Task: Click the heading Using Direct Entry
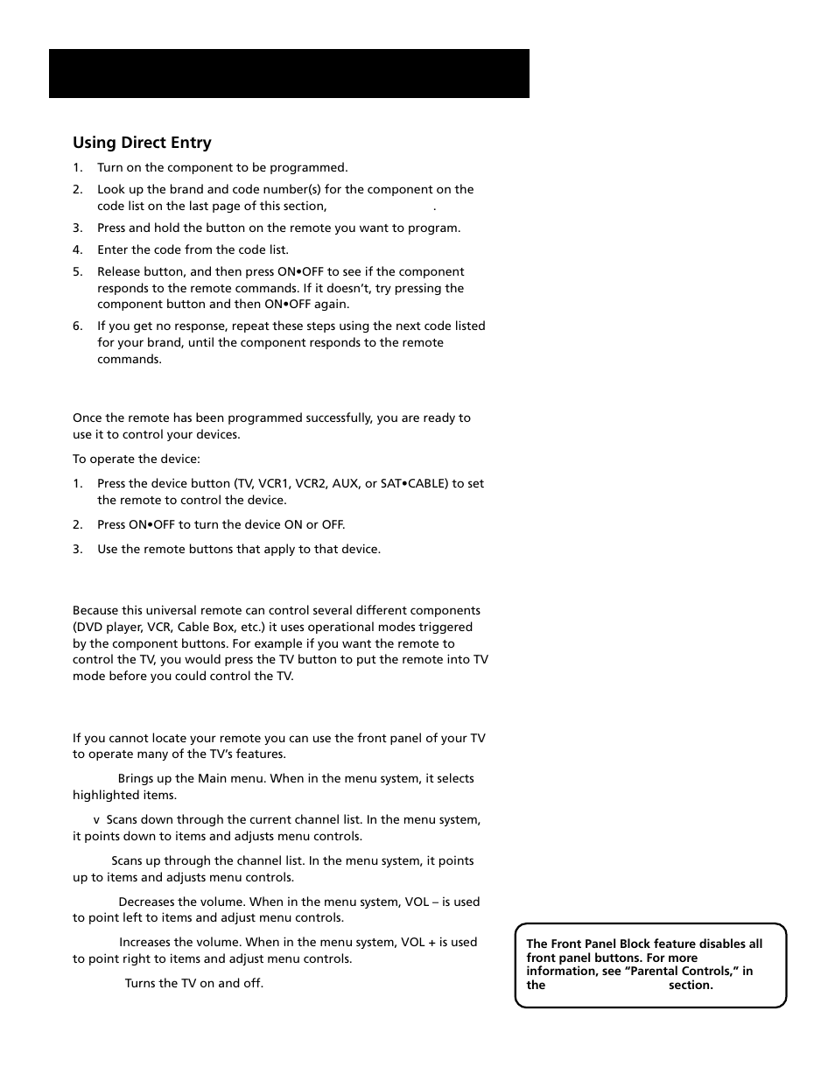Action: (142, 143)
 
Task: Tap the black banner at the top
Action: (289, 74)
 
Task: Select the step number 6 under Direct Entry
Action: (77, 326)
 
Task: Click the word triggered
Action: (446, 627)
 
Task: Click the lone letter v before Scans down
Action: (97, 820)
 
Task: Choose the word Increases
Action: (145, 942)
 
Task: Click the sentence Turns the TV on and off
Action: (193, 983)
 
